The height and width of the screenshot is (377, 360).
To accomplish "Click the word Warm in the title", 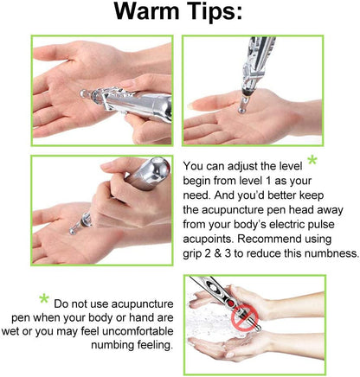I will click(x=146, y=15).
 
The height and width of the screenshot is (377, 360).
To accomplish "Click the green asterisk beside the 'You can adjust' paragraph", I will click(x=312, y=163).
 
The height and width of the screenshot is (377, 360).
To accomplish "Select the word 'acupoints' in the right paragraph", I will click(x=213, y=238).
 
